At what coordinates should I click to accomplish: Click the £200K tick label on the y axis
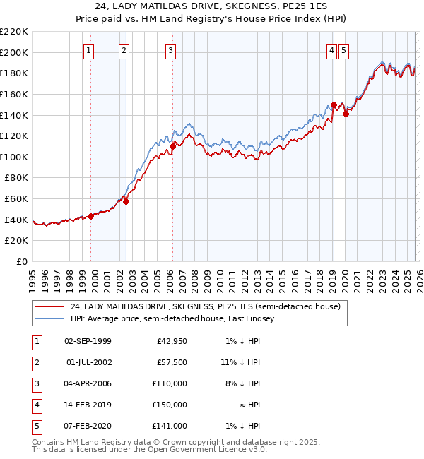[14, 52]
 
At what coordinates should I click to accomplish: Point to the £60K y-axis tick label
[16, 199]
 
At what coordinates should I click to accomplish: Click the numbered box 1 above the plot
[89, 50]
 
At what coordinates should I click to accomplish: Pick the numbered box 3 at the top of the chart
[171, 50]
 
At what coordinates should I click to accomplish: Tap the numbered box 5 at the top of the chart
[343, 50]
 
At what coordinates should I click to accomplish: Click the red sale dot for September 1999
[90, 217]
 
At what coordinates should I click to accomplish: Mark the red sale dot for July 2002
[126, 201]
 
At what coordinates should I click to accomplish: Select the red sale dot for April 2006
[172, 146]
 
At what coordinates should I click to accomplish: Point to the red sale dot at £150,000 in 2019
[334, 105]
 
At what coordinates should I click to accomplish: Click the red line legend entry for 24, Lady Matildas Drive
[205, 307]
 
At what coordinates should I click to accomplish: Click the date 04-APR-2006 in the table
[88, 383]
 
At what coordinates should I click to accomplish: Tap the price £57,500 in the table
[172, 362]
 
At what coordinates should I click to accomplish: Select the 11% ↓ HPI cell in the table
[242, 362]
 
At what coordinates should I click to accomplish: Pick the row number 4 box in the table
[36, 405]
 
